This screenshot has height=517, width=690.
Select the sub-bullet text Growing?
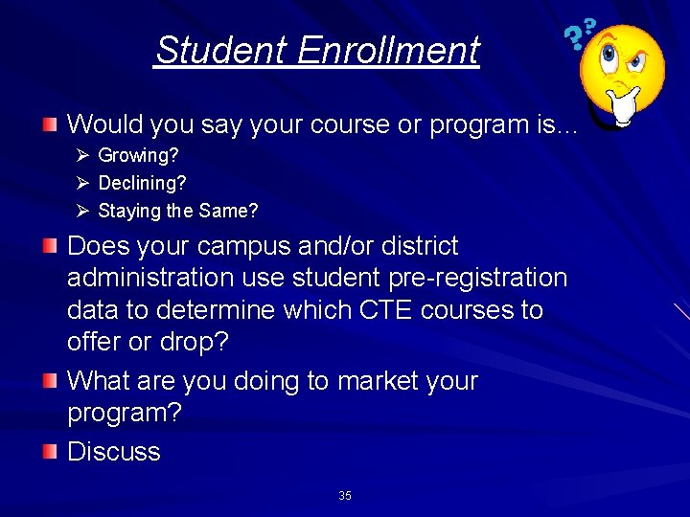pyautogui.click(x=138, y=154)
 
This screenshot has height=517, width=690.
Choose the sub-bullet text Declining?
pyautogui.click(x=142, y=182)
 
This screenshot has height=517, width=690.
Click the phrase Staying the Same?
pyautogui.click(x=177, y=211)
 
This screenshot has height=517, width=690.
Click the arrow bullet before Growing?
pyautogui.click(x=83, y=154)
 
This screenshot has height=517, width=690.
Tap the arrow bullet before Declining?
pyautogui.click(x=83, y=182)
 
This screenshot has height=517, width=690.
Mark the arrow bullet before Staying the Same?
pyautogui.click(x=83, y=211)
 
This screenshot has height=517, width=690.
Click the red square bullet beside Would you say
pyautogui.click(x=50, y=124)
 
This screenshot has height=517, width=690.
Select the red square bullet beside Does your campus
pyautogui.click(x=50, y=247)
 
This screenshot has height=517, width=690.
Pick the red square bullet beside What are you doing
pyautogui.click(x=50, y=382)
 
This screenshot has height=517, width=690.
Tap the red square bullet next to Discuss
pyautogui.click(x=50, y=452)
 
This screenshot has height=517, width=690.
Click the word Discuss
pyautogui.click(x=113, y=452)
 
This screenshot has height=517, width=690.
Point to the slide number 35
pyautogui.click(x=345, y=496)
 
